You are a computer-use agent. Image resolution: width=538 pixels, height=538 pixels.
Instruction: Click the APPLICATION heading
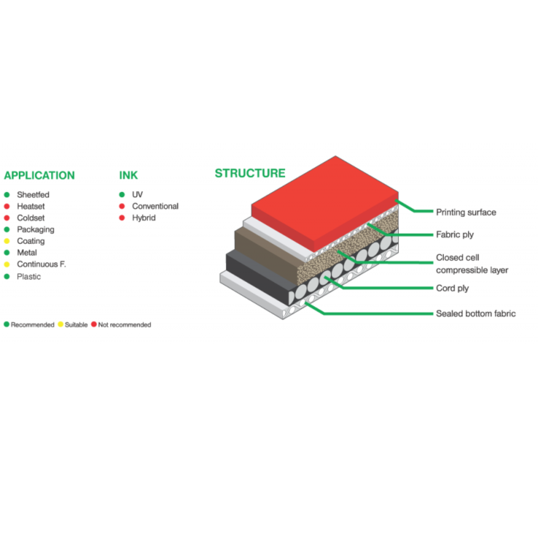coord(39,175)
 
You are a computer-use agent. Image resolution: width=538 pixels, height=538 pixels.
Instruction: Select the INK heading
coord(128,175)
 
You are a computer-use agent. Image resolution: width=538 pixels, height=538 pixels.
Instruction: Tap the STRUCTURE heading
coord(250,173)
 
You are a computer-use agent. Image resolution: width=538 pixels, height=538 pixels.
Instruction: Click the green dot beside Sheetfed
coord(7,195)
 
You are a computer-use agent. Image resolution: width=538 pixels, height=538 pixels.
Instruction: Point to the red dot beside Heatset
coord(7,206)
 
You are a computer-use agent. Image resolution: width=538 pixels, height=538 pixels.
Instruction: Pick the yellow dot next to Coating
coord(7,241)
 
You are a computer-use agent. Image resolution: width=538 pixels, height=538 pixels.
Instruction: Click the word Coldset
coord(31,218)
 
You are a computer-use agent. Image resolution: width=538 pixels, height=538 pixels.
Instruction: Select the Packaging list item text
coord(36,230)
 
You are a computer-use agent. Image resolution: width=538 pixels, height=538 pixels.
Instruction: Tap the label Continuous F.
coord(42,264)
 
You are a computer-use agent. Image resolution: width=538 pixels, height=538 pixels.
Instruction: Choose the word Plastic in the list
coord(29,276)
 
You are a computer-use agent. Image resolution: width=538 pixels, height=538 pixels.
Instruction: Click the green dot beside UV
coord(122,194)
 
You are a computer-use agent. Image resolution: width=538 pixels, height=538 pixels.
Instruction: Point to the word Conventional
coord(156,206)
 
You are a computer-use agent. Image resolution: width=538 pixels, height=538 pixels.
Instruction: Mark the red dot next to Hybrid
coord(122,218)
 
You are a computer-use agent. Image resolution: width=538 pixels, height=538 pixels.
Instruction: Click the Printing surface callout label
coord(466,212)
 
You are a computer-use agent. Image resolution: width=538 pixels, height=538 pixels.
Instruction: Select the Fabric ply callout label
coord(454,235)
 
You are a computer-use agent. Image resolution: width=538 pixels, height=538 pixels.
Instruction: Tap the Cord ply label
coord(452,288)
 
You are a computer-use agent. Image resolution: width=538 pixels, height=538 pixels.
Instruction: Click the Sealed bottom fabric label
coord(476,314)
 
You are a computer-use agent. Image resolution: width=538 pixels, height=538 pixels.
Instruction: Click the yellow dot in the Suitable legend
coord(61,324)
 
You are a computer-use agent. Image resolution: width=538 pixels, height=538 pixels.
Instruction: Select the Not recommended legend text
coord(125,325)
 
